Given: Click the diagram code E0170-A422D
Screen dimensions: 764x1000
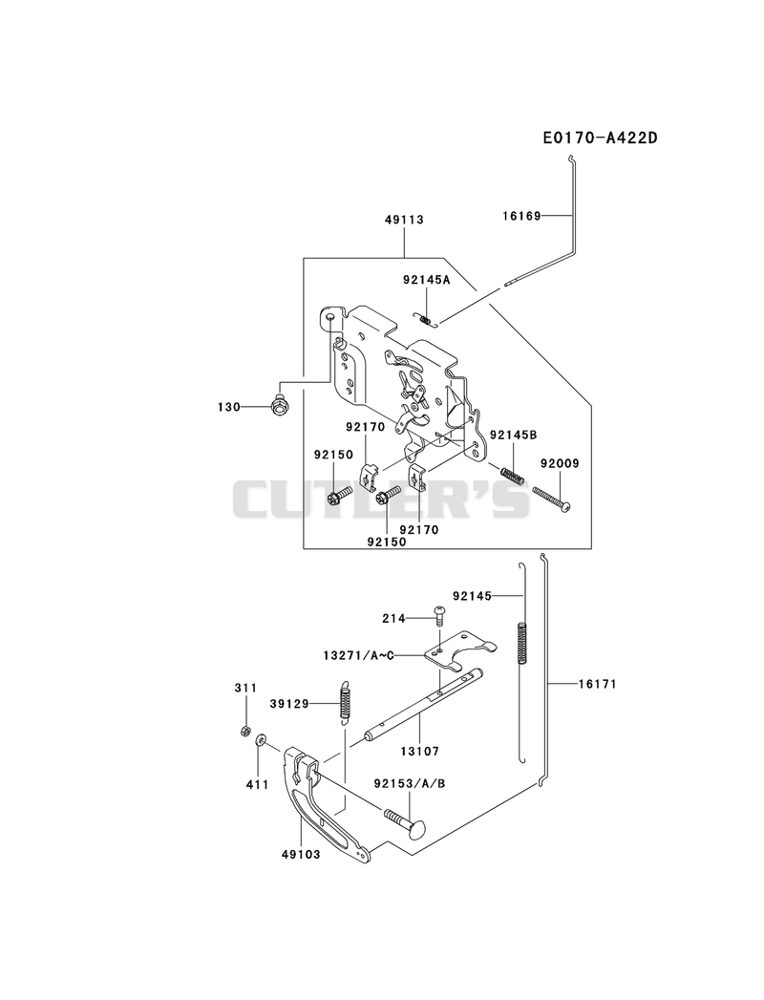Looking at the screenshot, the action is (600, 138).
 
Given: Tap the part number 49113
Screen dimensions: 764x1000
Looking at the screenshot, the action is (404, 220).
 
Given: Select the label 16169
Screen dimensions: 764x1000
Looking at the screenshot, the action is (521, 216).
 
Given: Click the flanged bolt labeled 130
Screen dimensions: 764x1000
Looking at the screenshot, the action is (279, 406).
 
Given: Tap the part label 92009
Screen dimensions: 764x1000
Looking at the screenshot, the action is (560, 463).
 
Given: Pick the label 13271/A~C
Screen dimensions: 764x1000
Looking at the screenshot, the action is (358, 655).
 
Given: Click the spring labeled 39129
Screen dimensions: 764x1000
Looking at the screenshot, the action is (345, 702).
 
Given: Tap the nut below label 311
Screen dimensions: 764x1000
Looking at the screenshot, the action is (244, 731).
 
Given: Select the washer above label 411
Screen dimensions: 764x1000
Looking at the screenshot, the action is (260, 741).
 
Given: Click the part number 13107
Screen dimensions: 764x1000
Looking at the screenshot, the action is (419, 752).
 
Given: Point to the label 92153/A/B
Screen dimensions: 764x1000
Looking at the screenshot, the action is (410, 783).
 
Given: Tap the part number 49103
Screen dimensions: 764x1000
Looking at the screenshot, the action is (300, 854).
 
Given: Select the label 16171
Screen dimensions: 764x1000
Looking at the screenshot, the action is (598, 684).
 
